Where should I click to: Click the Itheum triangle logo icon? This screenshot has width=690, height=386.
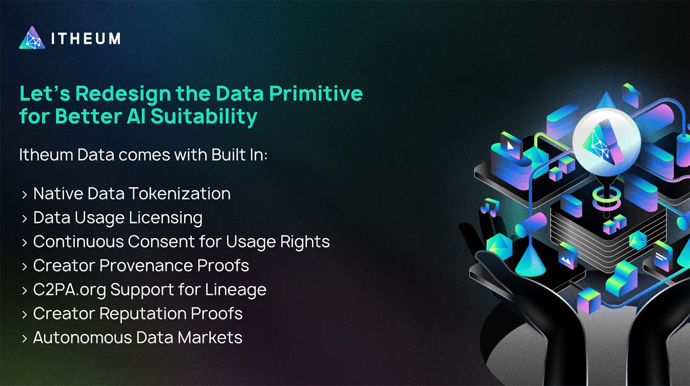32,38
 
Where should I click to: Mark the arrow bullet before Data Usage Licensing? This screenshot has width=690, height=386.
24,218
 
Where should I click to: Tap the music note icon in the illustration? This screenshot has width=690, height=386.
490,207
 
